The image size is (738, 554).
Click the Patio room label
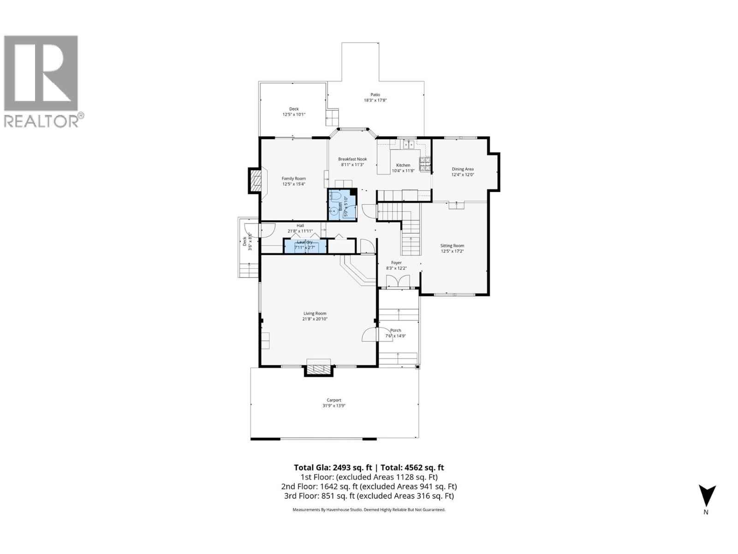tap(375, 95)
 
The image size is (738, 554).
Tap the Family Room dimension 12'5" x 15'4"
tap(294, 184)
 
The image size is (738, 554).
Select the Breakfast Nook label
tap(352, 159)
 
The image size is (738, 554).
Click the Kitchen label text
tap(403, 165)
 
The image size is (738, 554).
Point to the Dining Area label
tap(463, 169)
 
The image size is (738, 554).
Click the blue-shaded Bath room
tap(342, 204)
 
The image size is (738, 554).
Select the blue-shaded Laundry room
tap(304, 246)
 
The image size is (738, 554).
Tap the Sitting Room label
tap(452, 246)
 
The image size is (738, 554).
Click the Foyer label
tap(396, 263)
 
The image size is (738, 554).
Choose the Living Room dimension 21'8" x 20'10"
tap(315, 319)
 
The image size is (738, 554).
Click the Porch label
tap(395, 330)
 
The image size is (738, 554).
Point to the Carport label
tap(334, 400)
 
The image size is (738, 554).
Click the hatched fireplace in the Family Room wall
tap(255, 181)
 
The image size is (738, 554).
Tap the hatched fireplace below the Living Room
tap(319, 369)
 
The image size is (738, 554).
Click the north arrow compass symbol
tap(707, 496)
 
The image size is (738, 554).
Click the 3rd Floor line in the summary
tap(369, 496)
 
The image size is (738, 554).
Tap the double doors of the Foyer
tap(398, 281)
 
